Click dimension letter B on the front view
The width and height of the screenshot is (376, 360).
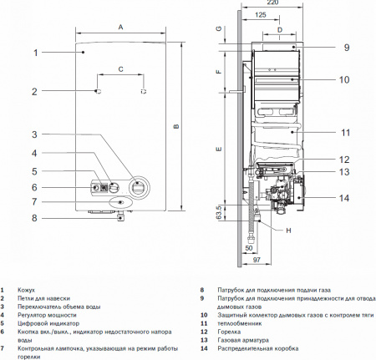tap(176, 127)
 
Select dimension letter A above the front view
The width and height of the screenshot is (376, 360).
tap(120, 28)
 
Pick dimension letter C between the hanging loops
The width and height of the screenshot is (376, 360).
tap(120, 68)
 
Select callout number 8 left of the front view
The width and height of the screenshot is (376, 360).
tap(35, 218)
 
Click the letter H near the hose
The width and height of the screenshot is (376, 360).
tap(288, 231)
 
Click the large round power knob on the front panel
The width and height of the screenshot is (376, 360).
tap(136, 185)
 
